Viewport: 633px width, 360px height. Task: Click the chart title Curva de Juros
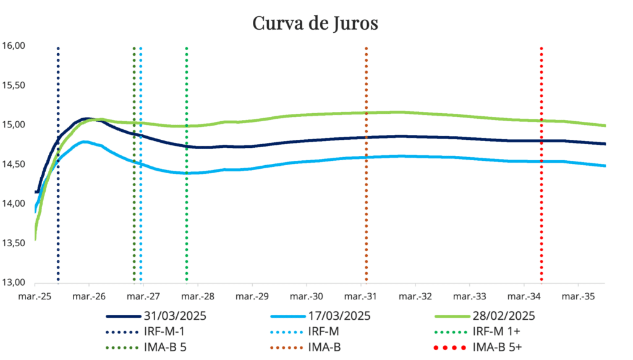pyautogui.click(x=315, y=24)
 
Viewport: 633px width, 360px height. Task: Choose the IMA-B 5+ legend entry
pyautogui.click(x=498, y=347)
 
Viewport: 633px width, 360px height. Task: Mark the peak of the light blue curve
pyautogui.click(x=85, y=142)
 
